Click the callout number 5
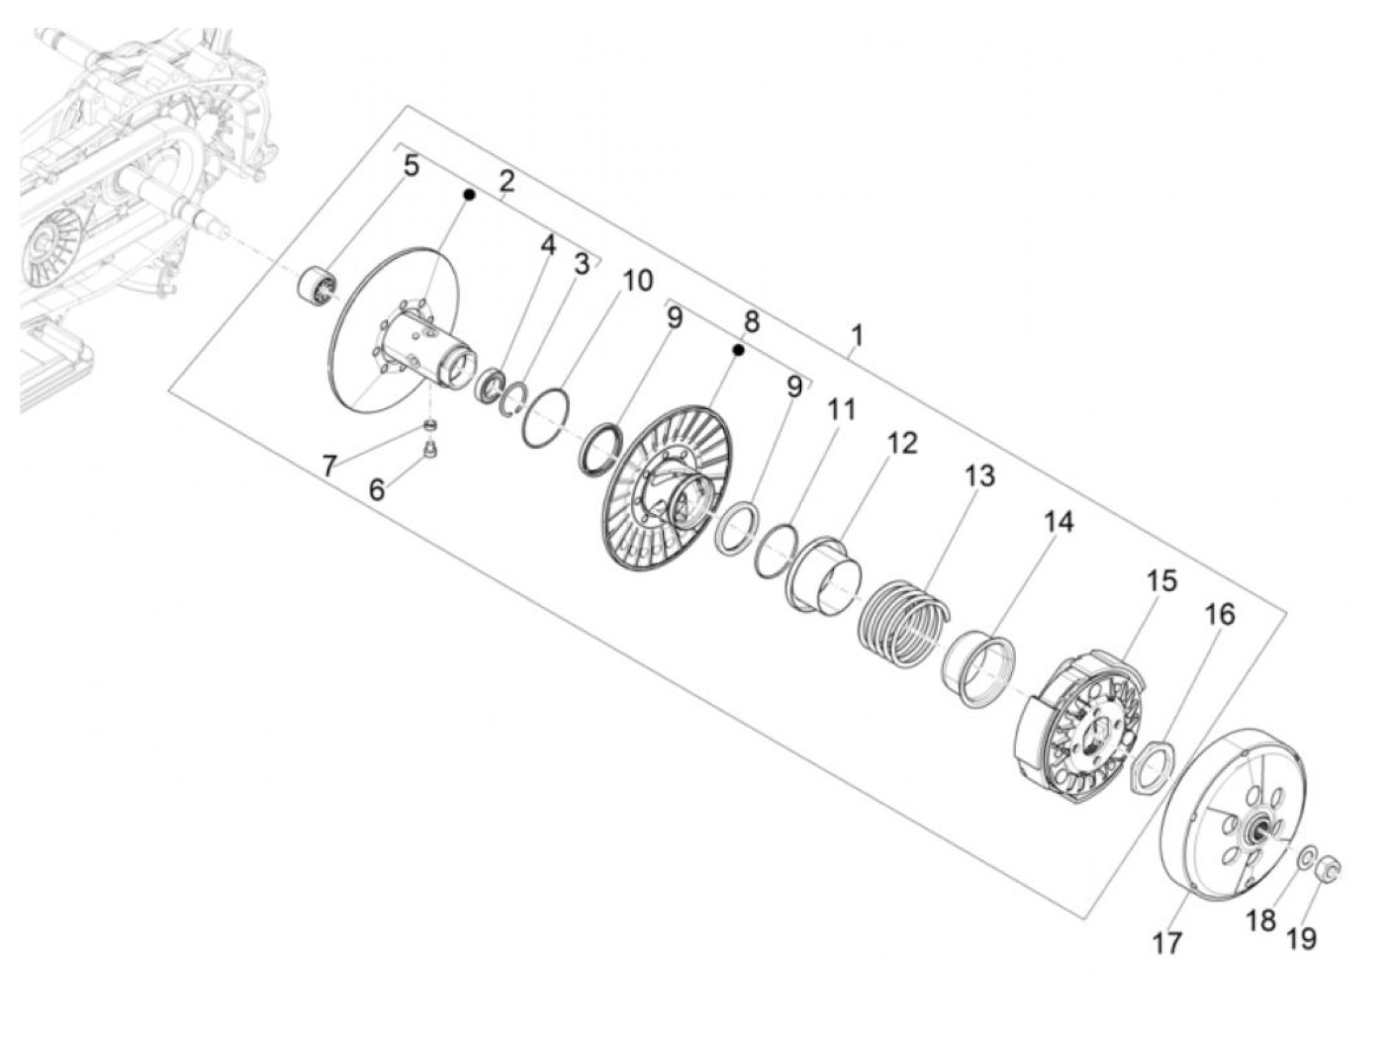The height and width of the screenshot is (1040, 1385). point(411,165)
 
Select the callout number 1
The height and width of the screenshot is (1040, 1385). point(857,335)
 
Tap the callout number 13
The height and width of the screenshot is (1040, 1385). point(978,476)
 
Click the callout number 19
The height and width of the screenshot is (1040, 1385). point(1302,937)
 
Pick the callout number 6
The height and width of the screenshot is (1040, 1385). point(377,488)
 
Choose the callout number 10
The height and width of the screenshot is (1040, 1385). point(637,281)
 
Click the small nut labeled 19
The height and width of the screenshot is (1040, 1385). point(1329,869)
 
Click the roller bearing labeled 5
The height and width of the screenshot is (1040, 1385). point(319,286)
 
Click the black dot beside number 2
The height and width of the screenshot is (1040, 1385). point(470,196)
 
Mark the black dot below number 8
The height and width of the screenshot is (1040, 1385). point(737,349)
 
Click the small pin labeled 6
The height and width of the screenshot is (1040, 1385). point(429,450)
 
